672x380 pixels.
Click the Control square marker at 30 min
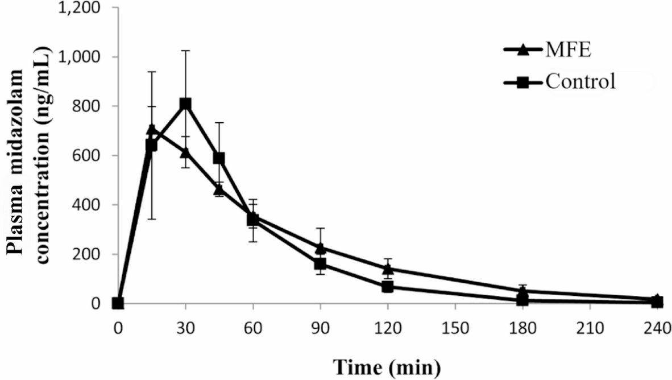click(x=185, y=104)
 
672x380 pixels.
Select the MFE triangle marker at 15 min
click(x=151, y=130)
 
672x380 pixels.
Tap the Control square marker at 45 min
click(x=219, y=158)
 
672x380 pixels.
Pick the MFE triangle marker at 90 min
click(x=320, y=248)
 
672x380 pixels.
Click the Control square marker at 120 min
click(x=388, y=287)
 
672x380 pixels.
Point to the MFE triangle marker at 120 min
click(x=388, y=269)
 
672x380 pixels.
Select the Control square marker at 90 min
click(x=320, y=264)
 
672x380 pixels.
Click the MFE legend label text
click(x=569, y=51)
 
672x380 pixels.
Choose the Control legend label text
click(x=580, y=82)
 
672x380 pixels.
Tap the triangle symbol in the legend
click(x=524, y=51)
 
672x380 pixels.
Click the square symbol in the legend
click(x=524, y=82)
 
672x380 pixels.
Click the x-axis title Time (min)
click(x=387, y=365)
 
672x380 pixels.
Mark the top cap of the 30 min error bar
click(x=185, y=51)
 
